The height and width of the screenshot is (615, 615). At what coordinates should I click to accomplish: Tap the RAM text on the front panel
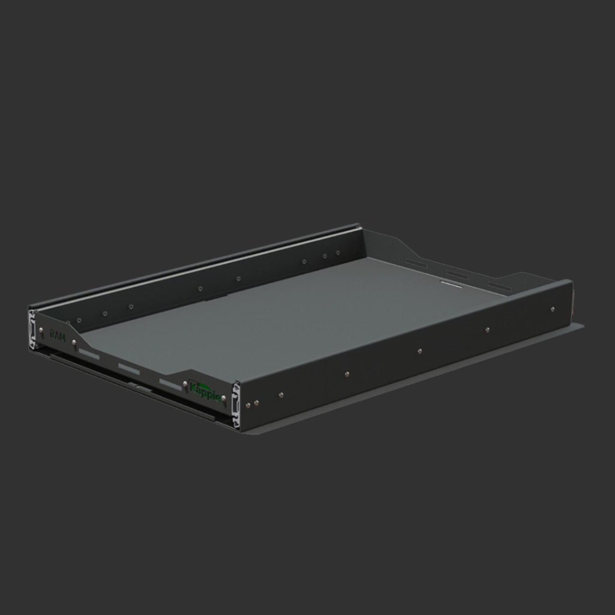pos(58,335)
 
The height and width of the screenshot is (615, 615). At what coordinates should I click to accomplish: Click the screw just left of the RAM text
pos(41,330)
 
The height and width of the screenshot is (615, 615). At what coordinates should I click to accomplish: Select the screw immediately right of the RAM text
pos(74,343)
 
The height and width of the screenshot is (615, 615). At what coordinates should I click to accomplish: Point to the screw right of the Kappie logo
pos(223,398)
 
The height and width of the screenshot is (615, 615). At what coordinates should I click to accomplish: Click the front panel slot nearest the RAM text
pos(89,355)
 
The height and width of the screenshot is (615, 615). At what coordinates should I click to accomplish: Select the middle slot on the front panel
pos(129,368)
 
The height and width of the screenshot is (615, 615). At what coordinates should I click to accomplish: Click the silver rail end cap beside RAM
pos(32,329)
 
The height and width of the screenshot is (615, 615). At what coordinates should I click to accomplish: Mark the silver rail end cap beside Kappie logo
pos(236,406)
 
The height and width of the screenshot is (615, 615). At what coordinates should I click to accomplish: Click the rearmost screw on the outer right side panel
pos(553,309)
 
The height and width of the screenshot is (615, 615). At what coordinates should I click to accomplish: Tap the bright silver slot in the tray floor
pos(451,284)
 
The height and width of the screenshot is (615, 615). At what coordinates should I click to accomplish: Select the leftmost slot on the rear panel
pos(416,263)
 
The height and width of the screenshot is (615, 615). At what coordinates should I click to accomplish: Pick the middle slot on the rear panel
pos(457,274)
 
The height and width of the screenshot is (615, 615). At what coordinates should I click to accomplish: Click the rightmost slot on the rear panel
pos(500,286)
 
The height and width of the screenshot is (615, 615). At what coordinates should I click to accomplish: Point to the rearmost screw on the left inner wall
pos(338,253)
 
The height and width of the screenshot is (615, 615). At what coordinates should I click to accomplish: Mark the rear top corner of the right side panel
pos(570,281)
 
